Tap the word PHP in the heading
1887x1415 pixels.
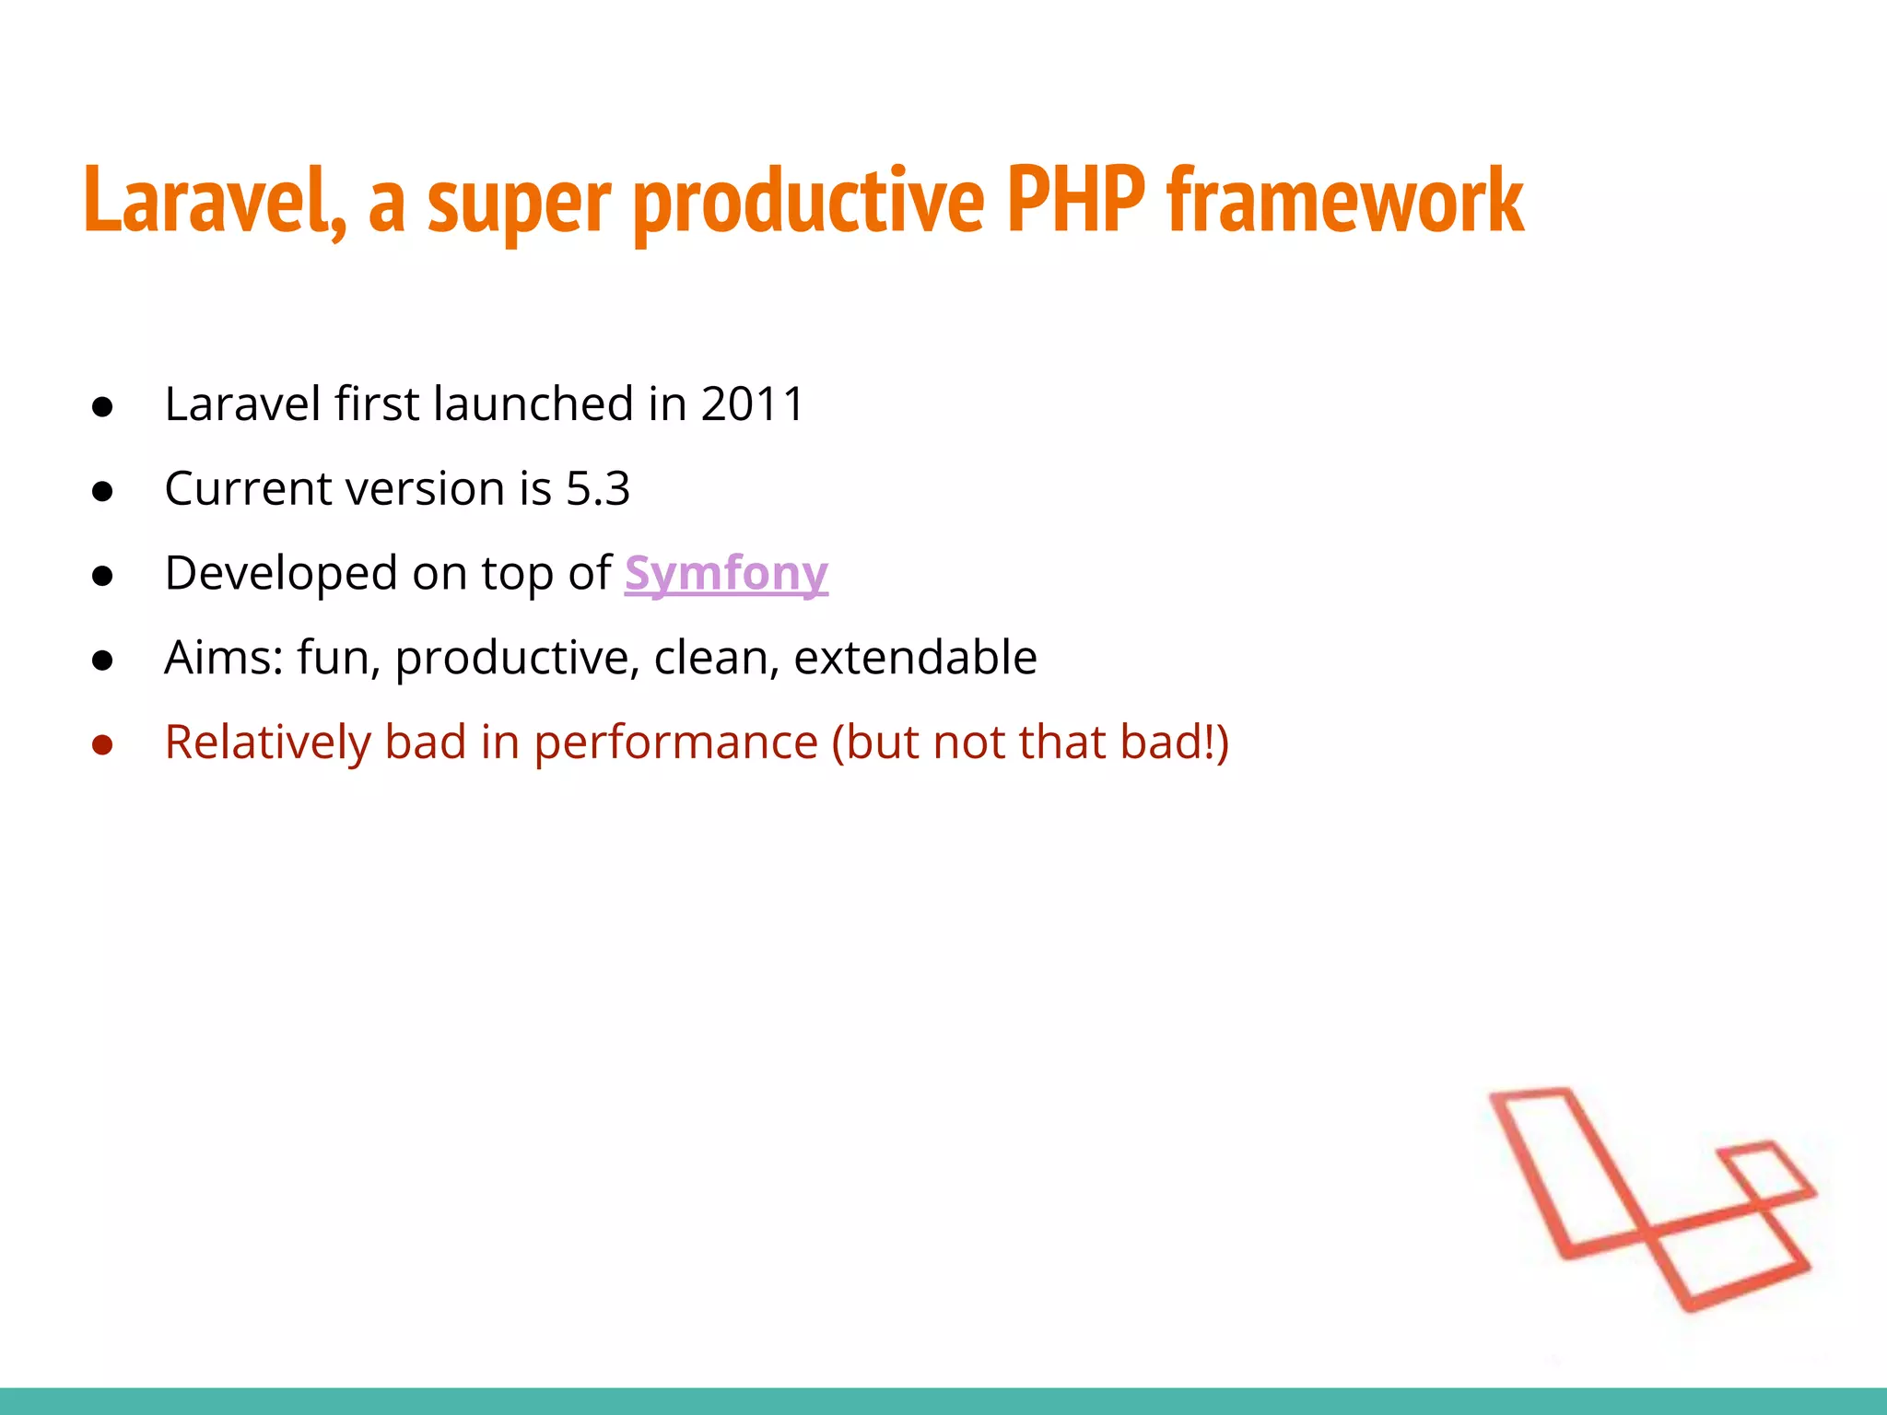click(x=1075, y=200)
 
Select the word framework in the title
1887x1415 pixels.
click(x=1345, y=200)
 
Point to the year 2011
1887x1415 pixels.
click(x=753, y=404)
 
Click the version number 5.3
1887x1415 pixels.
click(x=598, y=489)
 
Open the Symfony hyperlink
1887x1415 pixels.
click(x=726, y=574)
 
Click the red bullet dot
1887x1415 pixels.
click(x=102, y=745)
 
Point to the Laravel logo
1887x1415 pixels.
click(x=1649, y=1198)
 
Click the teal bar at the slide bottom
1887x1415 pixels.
click(x=943, y=1400)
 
